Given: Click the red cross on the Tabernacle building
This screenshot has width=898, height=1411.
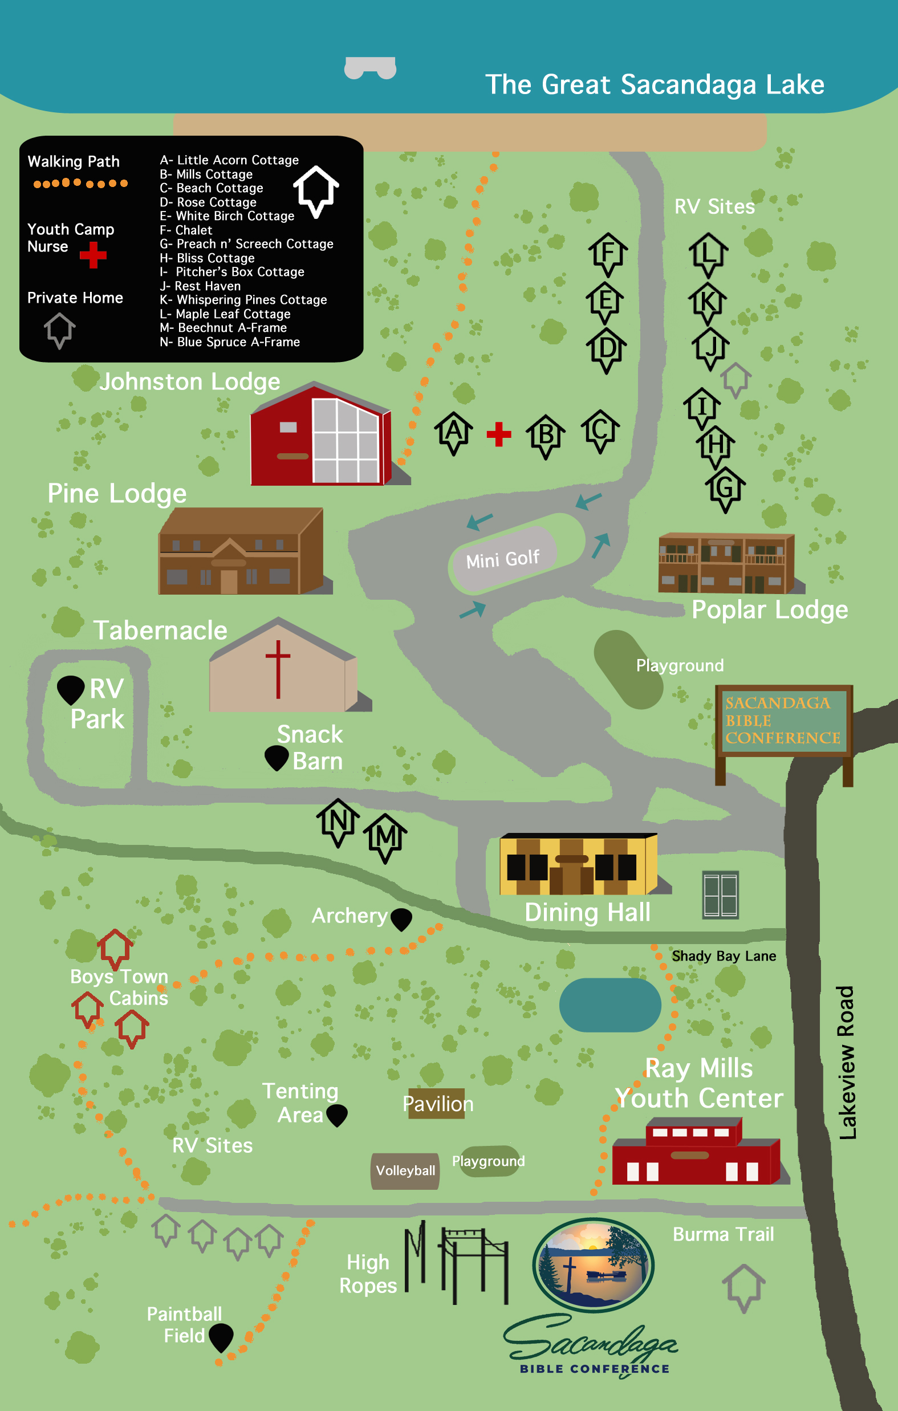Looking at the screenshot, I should [x=278, y=668].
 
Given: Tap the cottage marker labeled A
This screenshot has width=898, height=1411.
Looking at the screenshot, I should [x=454, y=433].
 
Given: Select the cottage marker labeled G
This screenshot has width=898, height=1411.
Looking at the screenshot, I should [x=725, y=488].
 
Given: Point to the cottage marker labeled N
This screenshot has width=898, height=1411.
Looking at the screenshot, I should [x=338, y=822].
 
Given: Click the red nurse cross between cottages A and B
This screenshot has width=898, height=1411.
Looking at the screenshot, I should [x=499, y=434].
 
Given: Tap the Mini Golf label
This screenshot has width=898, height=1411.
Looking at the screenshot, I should [x=503, y=559].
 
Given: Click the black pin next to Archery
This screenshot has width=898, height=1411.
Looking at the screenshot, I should [x=401, y=918].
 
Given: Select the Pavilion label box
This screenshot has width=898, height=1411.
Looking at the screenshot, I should [x=437, y=1104].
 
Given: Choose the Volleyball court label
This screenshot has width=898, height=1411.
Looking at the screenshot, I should [x=405, y=1171].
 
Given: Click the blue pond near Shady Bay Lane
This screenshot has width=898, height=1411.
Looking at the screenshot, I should [x=610, y=1005].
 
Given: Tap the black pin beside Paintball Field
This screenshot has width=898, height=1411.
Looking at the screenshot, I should [x=221, y=1336].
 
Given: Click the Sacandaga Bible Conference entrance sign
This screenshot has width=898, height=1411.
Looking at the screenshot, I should [x=783, y=721].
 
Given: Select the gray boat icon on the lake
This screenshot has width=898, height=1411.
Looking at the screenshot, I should [x=370, y=67].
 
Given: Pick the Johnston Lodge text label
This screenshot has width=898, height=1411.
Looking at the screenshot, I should [x=190, y=382].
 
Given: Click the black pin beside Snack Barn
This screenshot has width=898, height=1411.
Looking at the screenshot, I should [x=276, y=757].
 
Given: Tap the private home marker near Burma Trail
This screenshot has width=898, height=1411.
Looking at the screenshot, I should [x=744, y=1287].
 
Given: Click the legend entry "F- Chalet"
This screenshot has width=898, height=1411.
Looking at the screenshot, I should [x=186, y=230].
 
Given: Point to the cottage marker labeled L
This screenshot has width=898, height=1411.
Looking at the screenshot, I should [x=709, y=254].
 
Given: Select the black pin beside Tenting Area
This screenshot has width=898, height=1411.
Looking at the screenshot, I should [x=337, y=1114].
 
